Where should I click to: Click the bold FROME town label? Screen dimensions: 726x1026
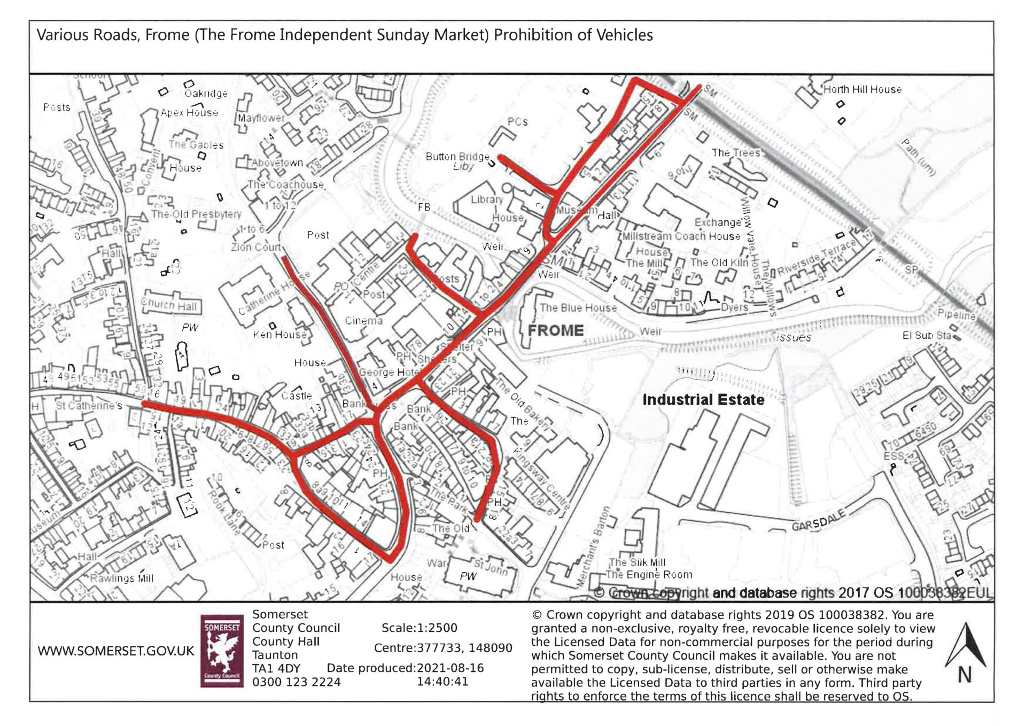coord(556,330)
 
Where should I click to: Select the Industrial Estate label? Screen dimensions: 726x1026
coord(703,400)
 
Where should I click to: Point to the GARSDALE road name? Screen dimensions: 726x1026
coord(819,520)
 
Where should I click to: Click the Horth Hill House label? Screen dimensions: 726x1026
coord(862,90)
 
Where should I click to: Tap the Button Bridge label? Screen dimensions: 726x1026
coord(457,157)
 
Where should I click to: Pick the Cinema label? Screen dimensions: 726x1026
coord(363,321)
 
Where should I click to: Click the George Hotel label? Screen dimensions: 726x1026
coord(388,372)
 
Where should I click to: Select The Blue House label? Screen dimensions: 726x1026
coord(578,308)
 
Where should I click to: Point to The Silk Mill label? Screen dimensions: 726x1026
coord(638,562)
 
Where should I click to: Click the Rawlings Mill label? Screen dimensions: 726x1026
coord(121,578)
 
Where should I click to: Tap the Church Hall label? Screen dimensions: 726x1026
coord(169,305)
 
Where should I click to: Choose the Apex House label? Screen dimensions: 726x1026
coord(189,113)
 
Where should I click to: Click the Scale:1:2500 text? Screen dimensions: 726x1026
coord(419,628)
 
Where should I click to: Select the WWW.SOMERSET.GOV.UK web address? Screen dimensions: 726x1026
coord(115,651)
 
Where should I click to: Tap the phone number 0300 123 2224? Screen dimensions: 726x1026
coord(296,682)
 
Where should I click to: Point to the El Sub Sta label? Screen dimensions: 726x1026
coord(927,336)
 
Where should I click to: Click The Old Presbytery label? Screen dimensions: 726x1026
coord(196,214)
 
